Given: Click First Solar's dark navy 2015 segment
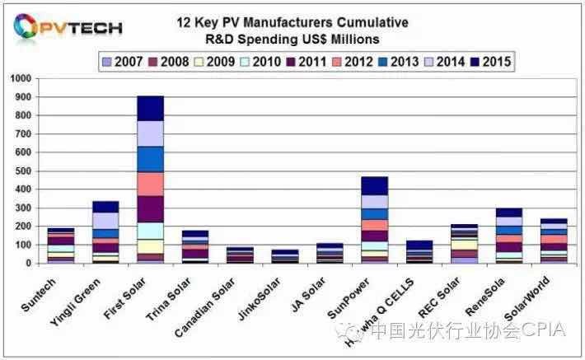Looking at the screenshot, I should tap(151, 108).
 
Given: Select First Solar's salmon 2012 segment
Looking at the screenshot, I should tap(151, 184).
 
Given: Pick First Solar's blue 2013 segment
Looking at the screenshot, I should tap(151, 159).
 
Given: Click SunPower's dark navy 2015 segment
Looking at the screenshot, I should tap(374, 185).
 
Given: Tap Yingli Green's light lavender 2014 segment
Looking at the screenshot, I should tap(105, 220).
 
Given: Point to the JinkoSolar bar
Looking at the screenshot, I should tap(285, 256).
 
